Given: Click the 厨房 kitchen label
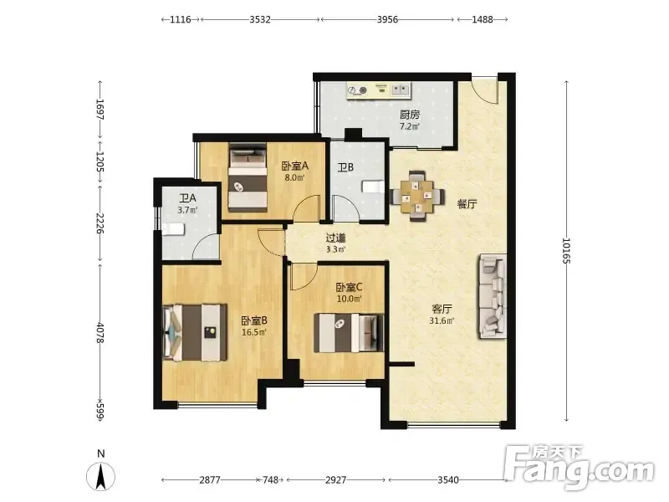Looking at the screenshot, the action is (x=410, y=115).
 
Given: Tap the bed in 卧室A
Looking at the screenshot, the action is (x=248, y=177).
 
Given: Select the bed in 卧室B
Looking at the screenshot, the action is (x=195, y=332).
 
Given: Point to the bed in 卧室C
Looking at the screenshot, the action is (x=349, y=333).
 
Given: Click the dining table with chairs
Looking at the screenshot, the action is (x=417, y=196).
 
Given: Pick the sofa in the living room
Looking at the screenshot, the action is (x=493, y=297).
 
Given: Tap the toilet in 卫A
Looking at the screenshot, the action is (x=173, y=229).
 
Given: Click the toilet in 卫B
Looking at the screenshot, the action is (x=373, y=187).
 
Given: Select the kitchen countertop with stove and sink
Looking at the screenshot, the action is (x=379, y=90).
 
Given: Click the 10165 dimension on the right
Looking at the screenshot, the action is (x=566, y=250).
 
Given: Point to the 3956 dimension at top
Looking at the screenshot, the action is (x=387, y=19).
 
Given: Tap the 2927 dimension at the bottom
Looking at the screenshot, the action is (x=336, y=480).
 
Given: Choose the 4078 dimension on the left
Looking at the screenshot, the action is (x=100, y=332).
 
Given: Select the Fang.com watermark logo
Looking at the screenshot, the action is (x=579, y=468).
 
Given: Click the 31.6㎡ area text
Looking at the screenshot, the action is (x=442, y=320).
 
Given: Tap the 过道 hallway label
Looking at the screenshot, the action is (x=336, y=238).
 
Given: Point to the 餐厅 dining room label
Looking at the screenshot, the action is (x=467, y=204).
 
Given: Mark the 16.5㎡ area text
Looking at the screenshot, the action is (x=254, y=332).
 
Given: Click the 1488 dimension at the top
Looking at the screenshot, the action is (x=483, y=19).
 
